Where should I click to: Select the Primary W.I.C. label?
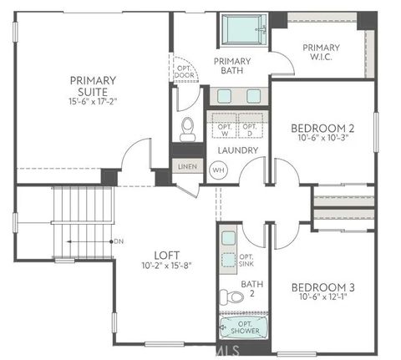(322, 52)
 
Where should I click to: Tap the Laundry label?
(237, 150)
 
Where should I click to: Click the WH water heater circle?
(219, 170)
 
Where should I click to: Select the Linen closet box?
(187, 167)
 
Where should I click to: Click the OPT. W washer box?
(223, 127)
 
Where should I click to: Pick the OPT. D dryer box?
(249, 127)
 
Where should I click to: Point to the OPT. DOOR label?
(183, 71)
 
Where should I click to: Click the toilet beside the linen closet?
(188, 129)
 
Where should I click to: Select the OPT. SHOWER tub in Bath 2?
(240, 328)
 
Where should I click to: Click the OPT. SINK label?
(246, 261)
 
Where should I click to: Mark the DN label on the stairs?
(119, 241)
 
